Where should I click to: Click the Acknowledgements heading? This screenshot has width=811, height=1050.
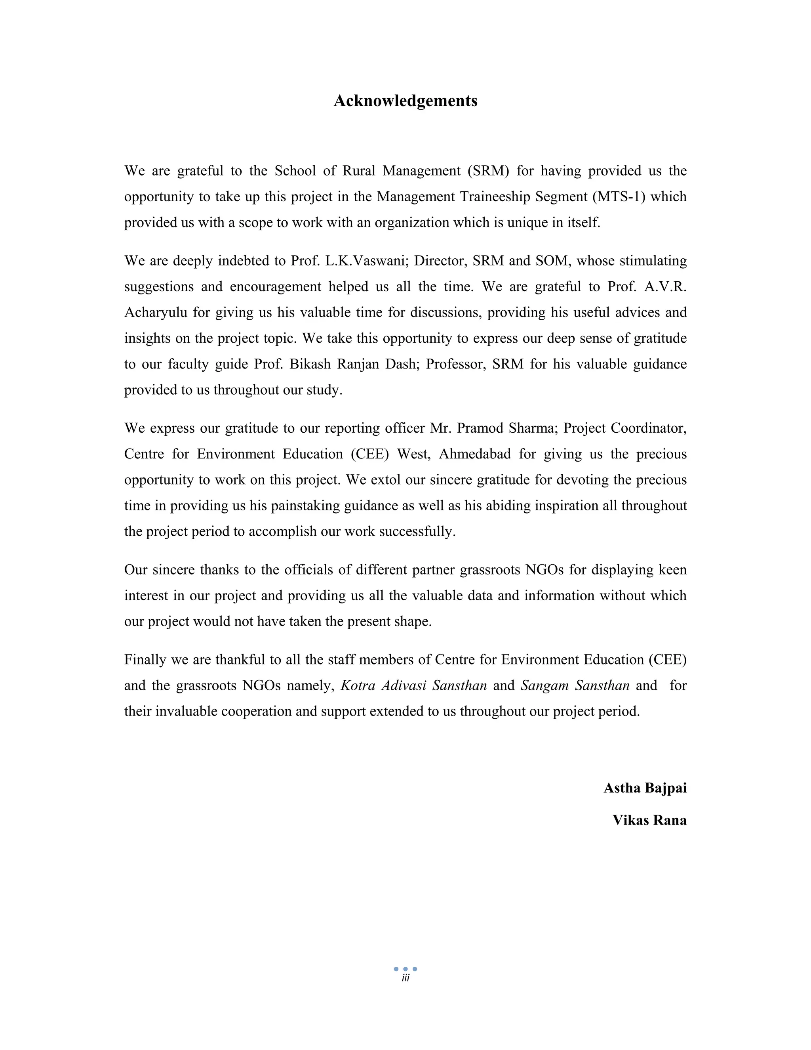[x=405, y=101]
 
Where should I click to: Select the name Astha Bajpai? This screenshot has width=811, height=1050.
[x=645, y=788]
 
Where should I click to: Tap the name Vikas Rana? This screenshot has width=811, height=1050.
[x=649, y=820]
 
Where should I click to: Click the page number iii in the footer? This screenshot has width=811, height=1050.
[x=405, y=978]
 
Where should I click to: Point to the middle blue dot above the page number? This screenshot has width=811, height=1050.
[x=405, y=969]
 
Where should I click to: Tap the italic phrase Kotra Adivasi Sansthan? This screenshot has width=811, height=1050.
[x=413, y=685]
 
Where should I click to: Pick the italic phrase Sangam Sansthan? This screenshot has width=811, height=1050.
[x=575, y=685]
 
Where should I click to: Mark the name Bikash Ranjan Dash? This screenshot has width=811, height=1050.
[x=353, y=364]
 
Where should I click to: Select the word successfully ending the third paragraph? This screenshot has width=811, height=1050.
[x=416, y=532]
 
